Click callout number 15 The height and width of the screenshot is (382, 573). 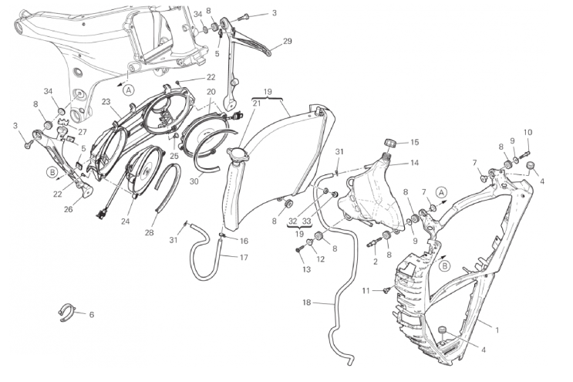click(x=414, y=142)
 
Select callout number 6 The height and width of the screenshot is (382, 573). click(x=92, y=315)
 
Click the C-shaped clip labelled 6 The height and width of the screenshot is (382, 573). click(x=67, y=312)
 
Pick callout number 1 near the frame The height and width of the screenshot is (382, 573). click(x=498, y=330)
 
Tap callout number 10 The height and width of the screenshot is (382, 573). click(x=527, y=132)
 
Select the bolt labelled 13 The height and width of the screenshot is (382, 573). click(x=298, y=249)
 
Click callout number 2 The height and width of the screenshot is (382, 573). click(x=375, y=261)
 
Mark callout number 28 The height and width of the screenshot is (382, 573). click(x=149, y=232)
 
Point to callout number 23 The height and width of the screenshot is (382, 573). click(x=106, y=101)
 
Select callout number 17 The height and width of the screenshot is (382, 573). click(x=243, y=257)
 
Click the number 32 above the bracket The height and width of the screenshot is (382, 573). click(x=293, y=221)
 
